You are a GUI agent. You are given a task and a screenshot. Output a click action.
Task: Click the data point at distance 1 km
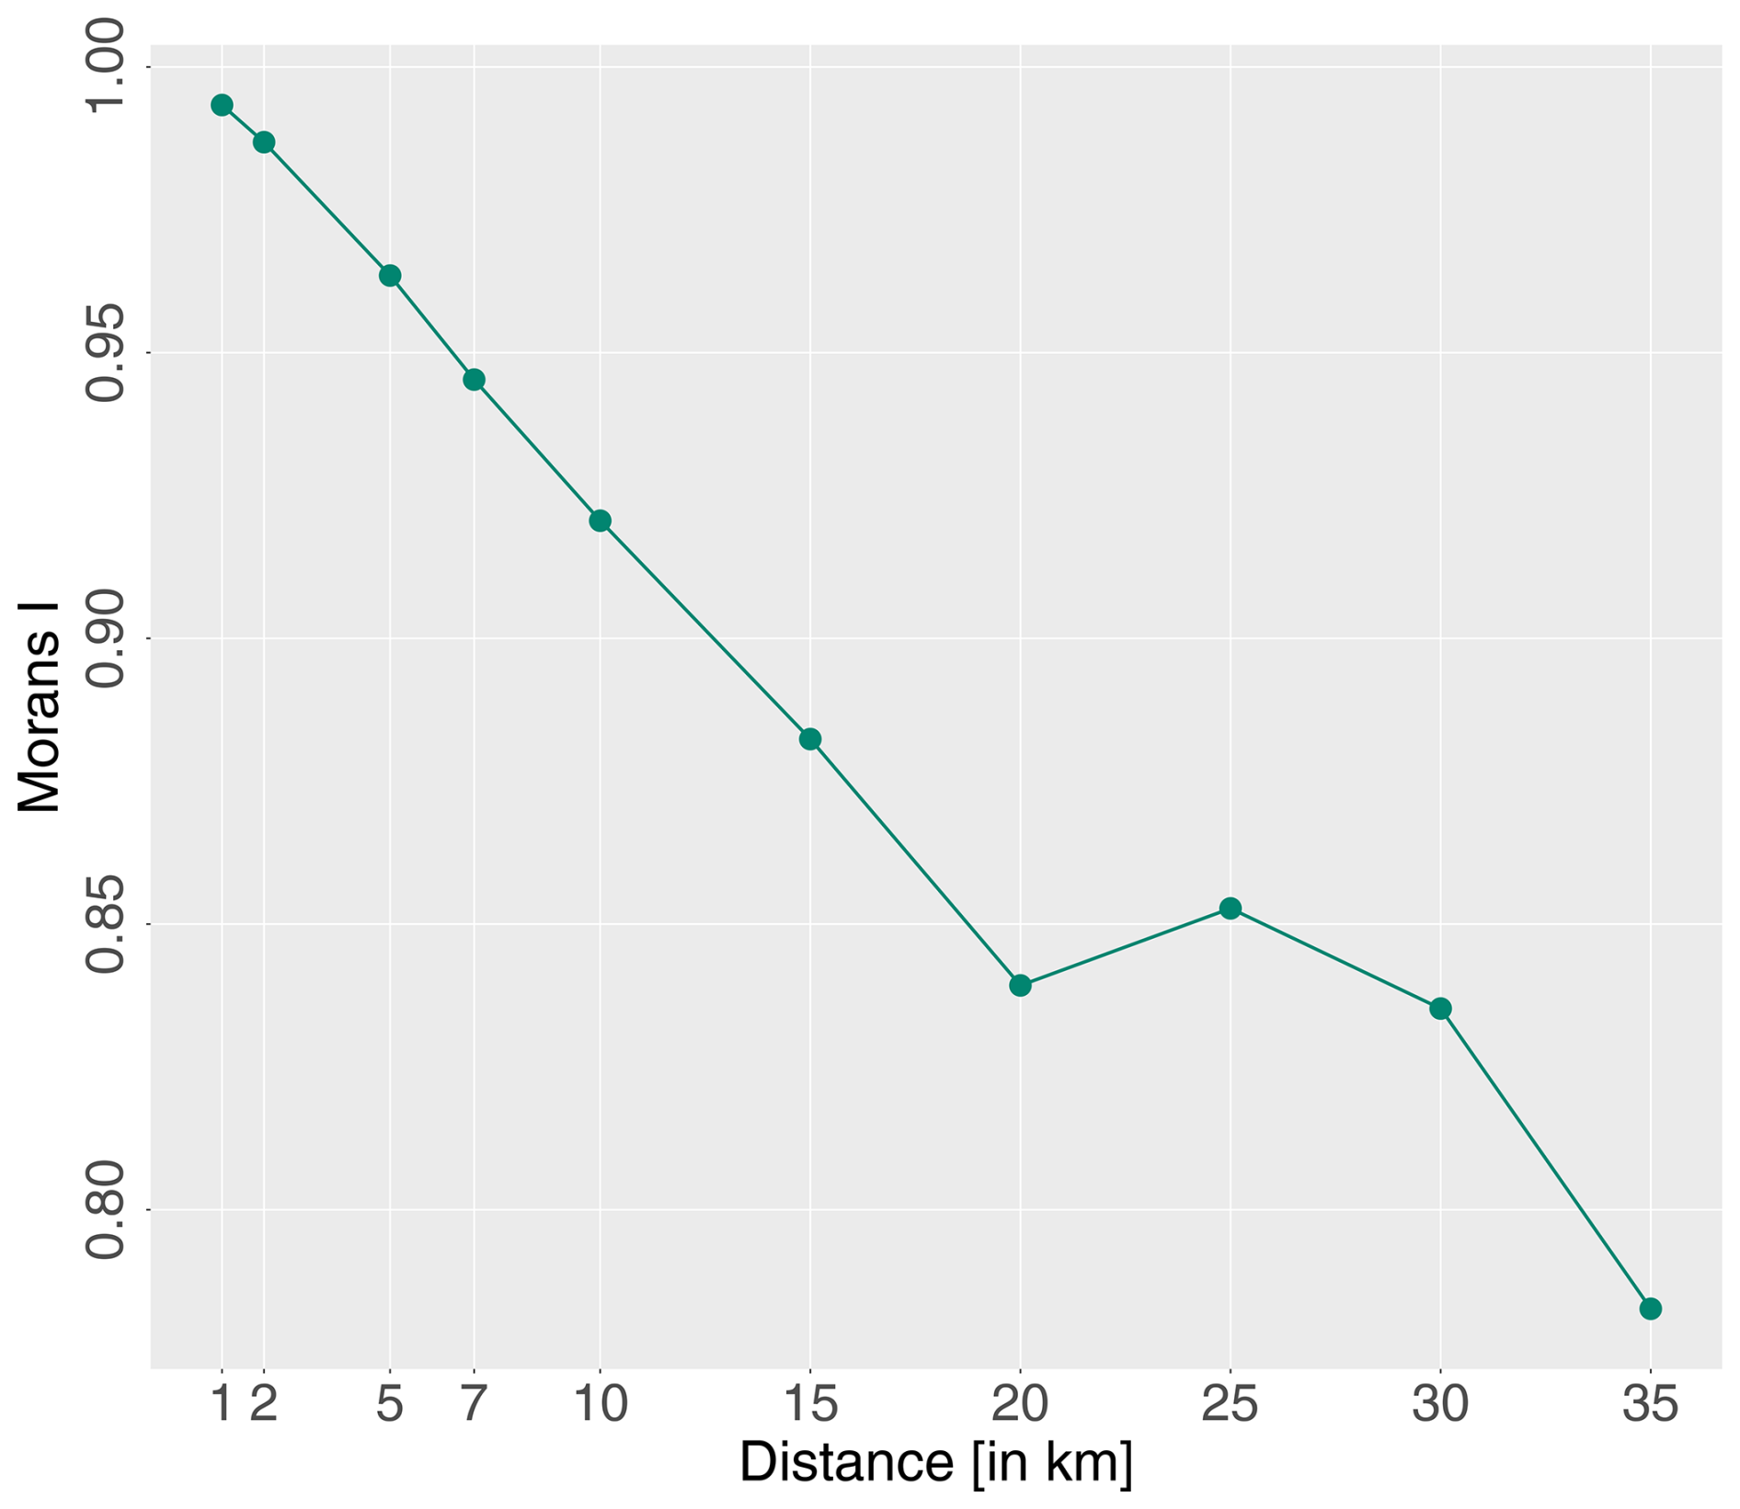click(x=222, y=105)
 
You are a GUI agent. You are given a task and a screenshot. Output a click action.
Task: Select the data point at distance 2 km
click(x=264, y=143)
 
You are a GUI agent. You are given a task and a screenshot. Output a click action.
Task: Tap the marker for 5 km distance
click(x=390, y=276)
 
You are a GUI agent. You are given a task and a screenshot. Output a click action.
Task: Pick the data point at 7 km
click(x=474, y=380)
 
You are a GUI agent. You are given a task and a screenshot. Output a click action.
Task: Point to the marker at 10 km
click(x=600, y=521)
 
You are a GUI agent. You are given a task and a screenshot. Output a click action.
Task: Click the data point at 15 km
click(x=810, y=739)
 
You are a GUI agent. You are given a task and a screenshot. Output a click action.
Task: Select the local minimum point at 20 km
click(x=1020, y=986)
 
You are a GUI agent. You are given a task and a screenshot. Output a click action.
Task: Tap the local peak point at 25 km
click(x=1231, y=909)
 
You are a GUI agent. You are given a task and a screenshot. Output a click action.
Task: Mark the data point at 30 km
click(x=1440, y=1009)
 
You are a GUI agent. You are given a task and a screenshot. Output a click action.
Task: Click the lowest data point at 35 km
click(x=1651, y=1309)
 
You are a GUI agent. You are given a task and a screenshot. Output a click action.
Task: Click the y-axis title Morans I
click(x=39, y=708)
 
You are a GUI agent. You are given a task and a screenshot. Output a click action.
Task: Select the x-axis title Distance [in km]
click(x=936, y=1463)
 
